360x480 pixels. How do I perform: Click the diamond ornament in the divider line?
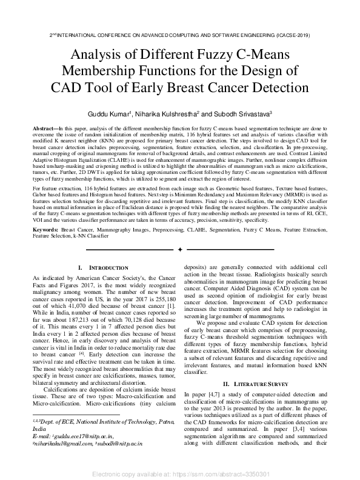click(179, 249)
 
